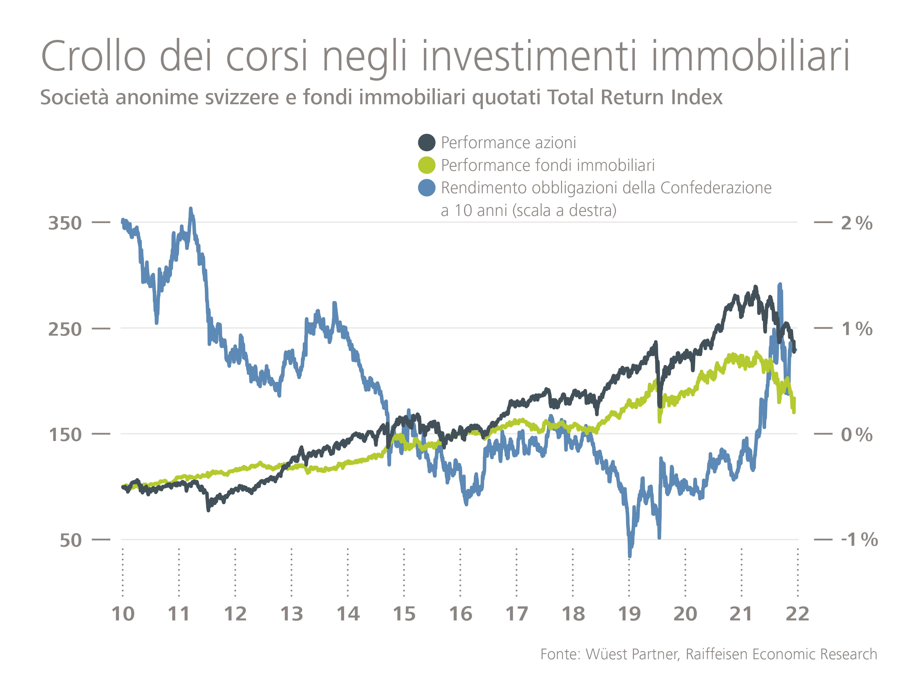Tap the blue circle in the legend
tap(426, 188)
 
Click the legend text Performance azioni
tap(508, 143)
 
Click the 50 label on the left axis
tap(71, 540)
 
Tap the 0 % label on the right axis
tap(856, 434)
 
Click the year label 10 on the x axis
tap(123, 614)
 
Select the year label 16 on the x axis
tap(461, 614)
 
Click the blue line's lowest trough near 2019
tap(630, 556)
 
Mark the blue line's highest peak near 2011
tap(190, 209)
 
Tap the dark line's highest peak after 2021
tap(755, 287)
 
